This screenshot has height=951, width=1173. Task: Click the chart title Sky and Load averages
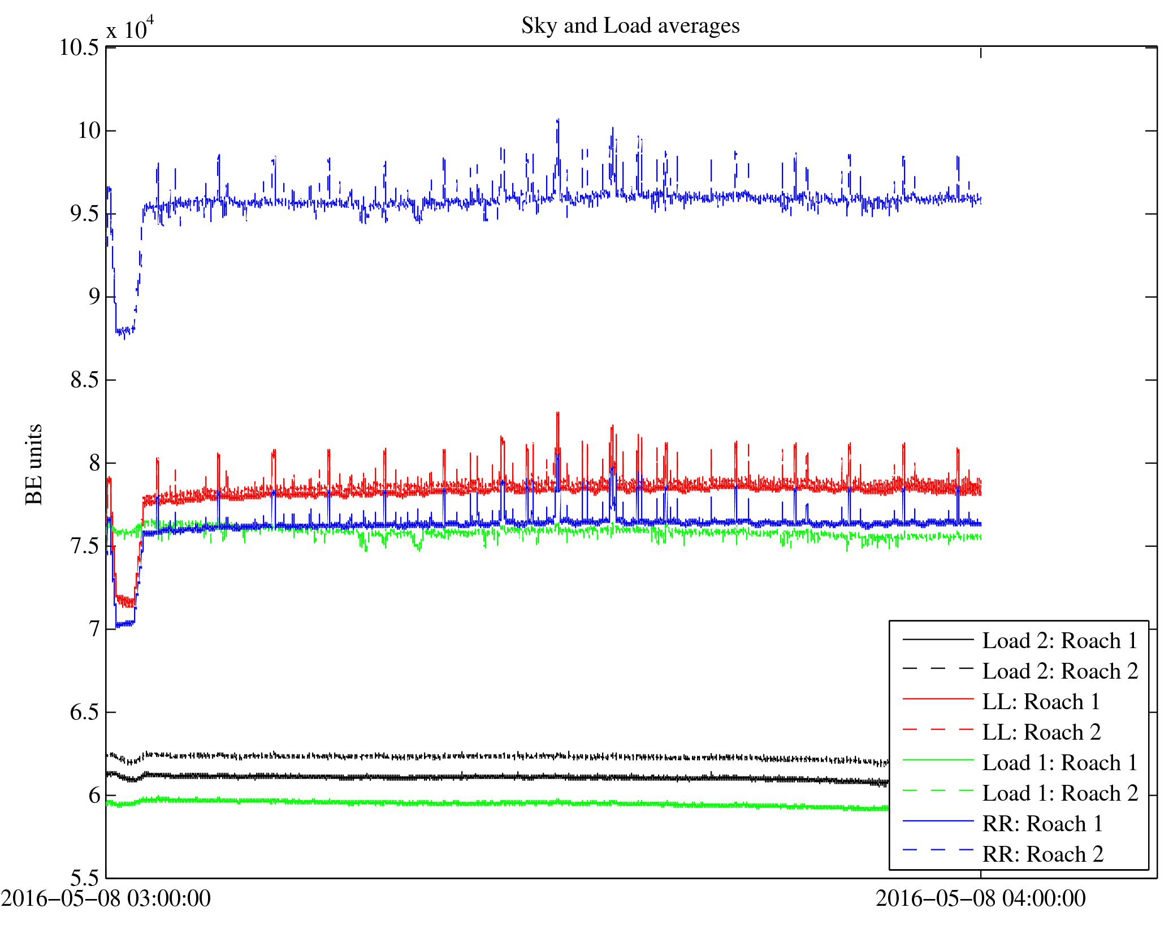[630, 26]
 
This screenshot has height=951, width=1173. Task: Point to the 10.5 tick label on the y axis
[79, 48]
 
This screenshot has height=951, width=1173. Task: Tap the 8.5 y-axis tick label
[85, 380]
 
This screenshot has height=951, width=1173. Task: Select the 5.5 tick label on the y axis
[85, 878]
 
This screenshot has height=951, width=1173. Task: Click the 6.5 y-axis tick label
[85, 713]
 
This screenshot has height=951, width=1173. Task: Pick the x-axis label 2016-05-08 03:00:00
[106, 898]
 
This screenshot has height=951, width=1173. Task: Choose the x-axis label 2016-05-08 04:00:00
[980, 898]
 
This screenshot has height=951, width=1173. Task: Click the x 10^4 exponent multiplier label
[130, 28]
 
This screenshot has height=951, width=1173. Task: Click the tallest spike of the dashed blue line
[558, 120]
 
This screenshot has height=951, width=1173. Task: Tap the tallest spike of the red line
[558, 414]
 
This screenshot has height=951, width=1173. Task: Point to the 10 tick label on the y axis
[89, 131]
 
